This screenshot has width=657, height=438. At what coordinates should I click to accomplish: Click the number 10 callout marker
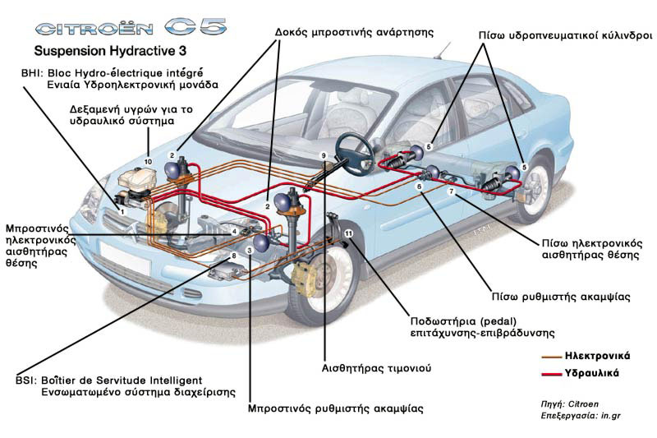(149, 160)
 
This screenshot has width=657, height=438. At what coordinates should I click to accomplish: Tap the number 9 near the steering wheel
(324, 155)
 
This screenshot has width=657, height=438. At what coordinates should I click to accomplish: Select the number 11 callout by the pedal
(348, 234)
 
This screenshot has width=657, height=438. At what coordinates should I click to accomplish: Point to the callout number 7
(450, 191)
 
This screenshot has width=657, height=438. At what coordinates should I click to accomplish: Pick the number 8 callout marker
(234, 256)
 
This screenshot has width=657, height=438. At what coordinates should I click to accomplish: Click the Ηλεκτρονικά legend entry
(597, 356)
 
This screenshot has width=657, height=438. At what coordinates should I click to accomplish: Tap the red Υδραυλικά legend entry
(591, 373)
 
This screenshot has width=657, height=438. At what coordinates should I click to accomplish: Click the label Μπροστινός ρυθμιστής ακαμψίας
(335, 408)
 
